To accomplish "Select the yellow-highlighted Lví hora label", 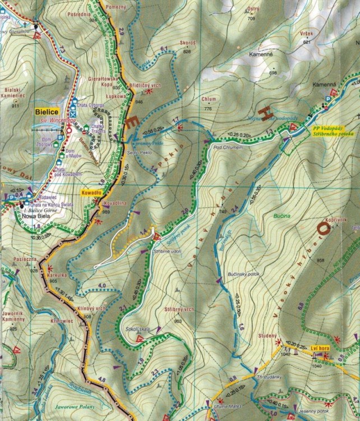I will point(319,349).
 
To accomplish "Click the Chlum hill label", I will point(208,99).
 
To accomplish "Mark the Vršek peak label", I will point(307,34).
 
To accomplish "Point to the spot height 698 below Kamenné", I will point(273,73).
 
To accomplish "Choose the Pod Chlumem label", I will point(225,147).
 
